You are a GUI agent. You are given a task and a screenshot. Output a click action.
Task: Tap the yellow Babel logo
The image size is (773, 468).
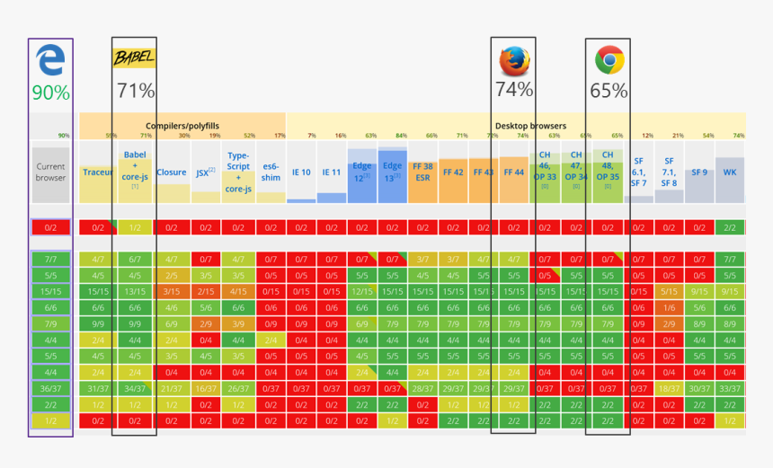tap(134, 58)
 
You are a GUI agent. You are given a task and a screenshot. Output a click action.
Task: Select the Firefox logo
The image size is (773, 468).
tap(514, 60)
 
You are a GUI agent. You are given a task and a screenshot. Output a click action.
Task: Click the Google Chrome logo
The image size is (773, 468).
tap(609, 60)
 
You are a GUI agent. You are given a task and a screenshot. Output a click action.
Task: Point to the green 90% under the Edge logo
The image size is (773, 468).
tap(50, 93)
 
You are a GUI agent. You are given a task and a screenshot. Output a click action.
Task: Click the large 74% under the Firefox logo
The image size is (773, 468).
tap(514, 90)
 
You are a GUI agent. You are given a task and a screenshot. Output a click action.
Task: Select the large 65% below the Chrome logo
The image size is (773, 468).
tap(609, 91)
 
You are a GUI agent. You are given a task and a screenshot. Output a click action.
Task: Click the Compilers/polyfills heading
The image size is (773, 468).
tap(182, 127)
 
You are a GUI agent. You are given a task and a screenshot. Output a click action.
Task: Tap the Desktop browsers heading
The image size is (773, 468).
tap(530, 127)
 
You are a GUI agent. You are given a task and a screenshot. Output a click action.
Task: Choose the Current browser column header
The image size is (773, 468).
tap(50, 172)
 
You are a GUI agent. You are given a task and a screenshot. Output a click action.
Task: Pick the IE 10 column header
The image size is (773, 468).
tap(301, 172)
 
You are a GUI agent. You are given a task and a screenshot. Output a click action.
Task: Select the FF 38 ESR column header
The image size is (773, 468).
tap(422, 172)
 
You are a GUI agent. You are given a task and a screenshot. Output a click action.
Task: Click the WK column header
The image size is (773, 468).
tap(730, 172)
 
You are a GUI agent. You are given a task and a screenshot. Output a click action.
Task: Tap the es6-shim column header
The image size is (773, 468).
tap(271, 172)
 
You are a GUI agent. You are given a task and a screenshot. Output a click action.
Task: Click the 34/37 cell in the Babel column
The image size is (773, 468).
tap(135, 388)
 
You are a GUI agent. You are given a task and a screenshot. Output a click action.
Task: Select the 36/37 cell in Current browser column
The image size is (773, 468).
tap(50, 388)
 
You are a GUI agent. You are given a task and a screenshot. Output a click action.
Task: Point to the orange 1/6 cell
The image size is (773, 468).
tap(669, 307)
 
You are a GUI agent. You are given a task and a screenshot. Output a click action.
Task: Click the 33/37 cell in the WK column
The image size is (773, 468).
tap(730, 388)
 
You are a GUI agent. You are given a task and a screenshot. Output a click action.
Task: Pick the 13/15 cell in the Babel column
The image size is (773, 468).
tap(135, 291)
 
